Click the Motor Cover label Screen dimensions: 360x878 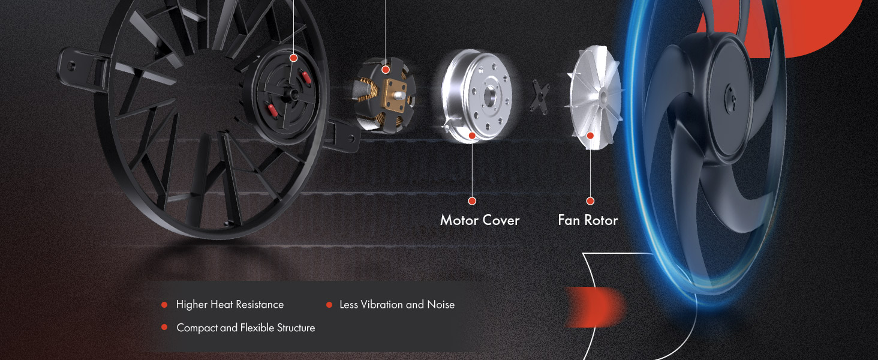click(480, 220)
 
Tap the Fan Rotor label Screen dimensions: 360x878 click(588, 220)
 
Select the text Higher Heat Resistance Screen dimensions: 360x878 click(230, 305)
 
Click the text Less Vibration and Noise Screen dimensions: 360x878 click(397, 305)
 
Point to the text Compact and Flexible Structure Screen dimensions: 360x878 click(245, 328)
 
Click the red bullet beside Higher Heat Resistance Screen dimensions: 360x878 click(164, 305)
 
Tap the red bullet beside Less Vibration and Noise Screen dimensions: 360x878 click(329, 305)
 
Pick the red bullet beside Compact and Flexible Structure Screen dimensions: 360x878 click(164, 328)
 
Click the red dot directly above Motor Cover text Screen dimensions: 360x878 click(472, 201)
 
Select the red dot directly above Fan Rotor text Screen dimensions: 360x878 click(590, 201)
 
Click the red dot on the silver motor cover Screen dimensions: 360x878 click(472, 136)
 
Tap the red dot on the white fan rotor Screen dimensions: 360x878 click(590, 136)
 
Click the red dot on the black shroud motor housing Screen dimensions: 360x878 click(293, 58)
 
